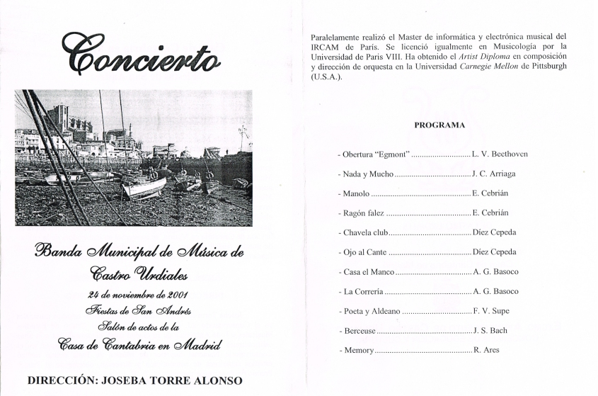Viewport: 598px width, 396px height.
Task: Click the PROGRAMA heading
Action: click(439, 125)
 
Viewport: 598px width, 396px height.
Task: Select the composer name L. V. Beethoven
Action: click(500, 154)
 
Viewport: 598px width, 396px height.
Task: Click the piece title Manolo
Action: click(356, 193)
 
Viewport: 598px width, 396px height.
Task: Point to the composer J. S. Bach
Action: click(490, 330)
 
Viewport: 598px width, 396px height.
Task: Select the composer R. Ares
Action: click(486, 350)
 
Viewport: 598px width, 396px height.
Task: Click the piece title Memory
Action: click(358, 350)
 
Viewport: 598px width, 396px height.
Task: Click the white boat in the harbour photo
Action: click(144, 187)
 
